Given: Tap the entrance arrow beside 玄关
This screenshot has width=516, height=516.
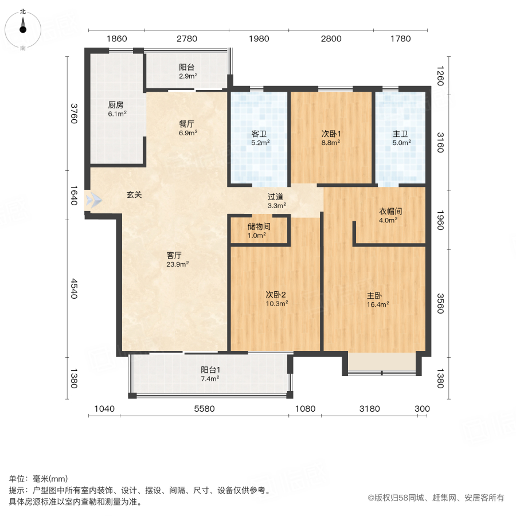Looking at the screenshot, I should point(93,201).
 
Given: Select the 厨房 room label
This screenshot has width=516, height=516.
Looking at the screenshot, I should point(116,105).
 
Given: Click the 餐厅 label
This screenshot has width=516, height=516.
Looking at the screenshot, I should point(188,123).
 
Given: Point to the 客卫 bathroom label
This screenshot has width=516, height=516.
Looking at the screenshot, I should point(259,134).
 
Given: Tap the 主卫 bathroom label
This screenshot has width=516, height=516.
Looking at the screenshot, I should point(400,134).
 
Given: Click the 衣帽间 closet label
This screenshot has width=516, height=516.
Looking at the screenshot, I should point(390,211).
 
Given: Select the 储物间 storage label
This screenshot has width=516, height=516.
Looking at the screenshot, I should point(259,226).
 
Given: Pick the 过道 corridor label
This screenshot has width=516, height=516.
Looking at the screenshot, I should point(275,197).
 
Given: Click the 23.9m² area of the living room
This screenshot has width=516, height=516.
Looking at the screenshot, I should point(178,264).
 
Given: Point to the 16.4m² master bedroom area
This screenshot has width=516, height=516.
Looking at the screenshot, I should point(378,305).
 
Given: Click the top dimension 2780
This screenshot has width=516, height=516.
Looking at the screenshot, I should point(187,39).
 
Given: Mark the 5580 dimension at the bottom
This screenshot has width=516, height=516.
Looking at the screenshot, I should point(204,409).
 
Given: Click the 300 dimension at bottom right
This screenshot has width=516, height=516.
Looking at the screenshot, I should point(421,409).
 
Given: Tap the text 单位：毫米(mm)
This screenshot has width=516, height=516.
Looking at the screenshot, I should point(38,479).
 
